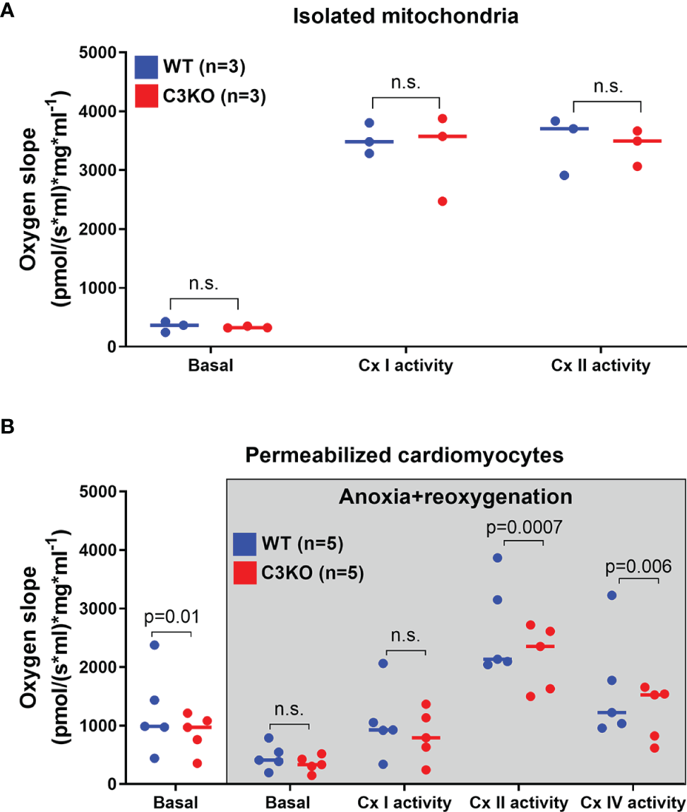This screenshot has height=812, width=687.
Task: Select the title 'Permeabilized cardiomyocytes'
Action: [x=406, y=455]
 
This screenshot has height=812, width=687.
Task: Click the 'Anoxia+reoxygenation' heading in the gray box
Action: [x=455, y=498]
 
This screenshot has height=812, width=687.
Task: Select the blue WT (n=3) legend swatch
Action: [x=146, y=68]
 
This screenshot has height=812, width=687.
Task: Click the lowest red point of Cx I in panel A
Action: [x=442, y=201]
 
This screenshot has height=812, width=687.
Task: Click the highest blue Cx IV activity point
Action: [x=611, y=595]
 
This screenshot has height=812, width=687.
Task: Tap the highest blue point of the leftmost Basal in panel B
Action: [x=155, y=645]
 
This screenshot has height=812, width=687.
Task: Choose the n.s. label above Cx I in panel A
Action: [x=406, y=83]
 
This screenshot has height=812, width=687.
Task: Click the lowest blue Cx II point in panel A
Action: [x=564, y=175]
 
